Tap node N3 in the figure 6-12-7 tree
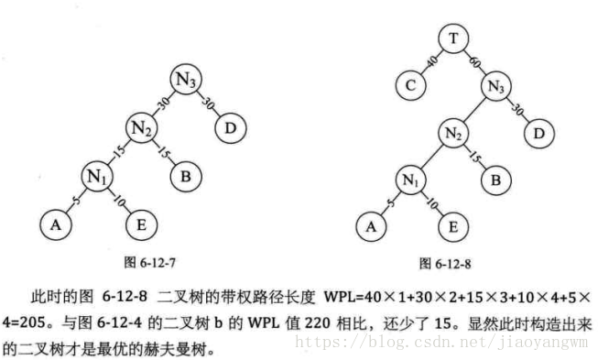[187, 80]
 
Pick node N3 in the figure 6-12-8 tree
[496, 88]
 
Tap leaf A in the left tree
[55, 223]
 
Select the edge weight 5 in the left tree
[72, 193]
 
